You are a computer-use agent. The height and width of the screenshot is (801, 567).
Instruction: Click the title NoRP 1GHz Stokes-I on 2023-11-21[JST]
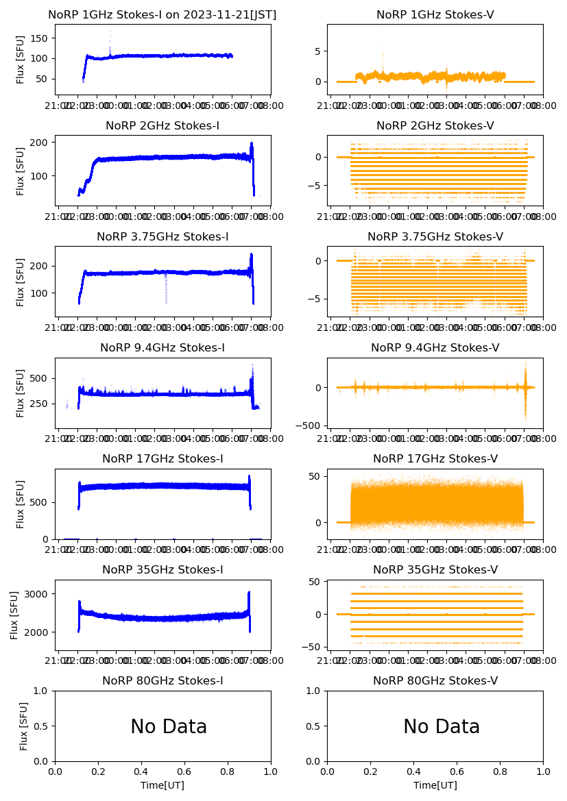pos(162,14)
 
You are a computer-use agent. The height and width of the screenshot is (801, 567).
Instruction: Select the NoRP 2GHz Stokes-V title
pos(435,125)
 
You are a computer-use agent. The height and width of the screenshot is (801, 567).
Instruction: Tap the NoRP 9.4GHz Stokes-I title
pos(162,347)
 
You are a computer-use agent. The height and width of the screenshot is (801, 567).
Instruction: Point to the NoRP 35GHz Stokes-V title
pos(435,569)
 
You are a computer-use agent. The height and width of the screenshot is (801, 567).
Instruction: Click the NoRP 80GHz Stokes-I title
pos(162,680)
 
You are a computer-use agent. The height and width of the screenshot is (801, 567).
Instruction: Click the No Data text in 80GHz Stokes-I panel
pos(169,727)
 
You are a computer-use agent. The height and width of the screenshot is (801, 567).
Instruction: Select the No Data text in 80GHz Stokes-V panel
pos(442,727)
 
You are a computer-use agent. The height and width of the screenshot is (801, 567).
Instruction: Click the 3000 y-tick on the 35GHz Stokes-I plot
pos(38,594)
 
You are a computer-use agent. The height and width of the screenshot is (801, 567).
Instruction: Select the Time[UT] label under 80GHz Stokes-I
pos(162,785)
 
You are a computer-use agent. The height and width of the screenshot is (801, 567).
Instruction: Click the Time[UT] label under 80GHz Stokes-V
pos(435,785)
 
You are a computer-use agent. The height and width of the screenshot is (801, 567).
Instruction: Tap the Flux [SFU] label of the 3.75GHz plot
pos(21,282)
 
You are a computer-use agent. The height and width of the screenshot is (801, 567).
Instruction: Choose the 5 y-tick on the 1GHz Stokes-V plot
pos(317,51)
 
